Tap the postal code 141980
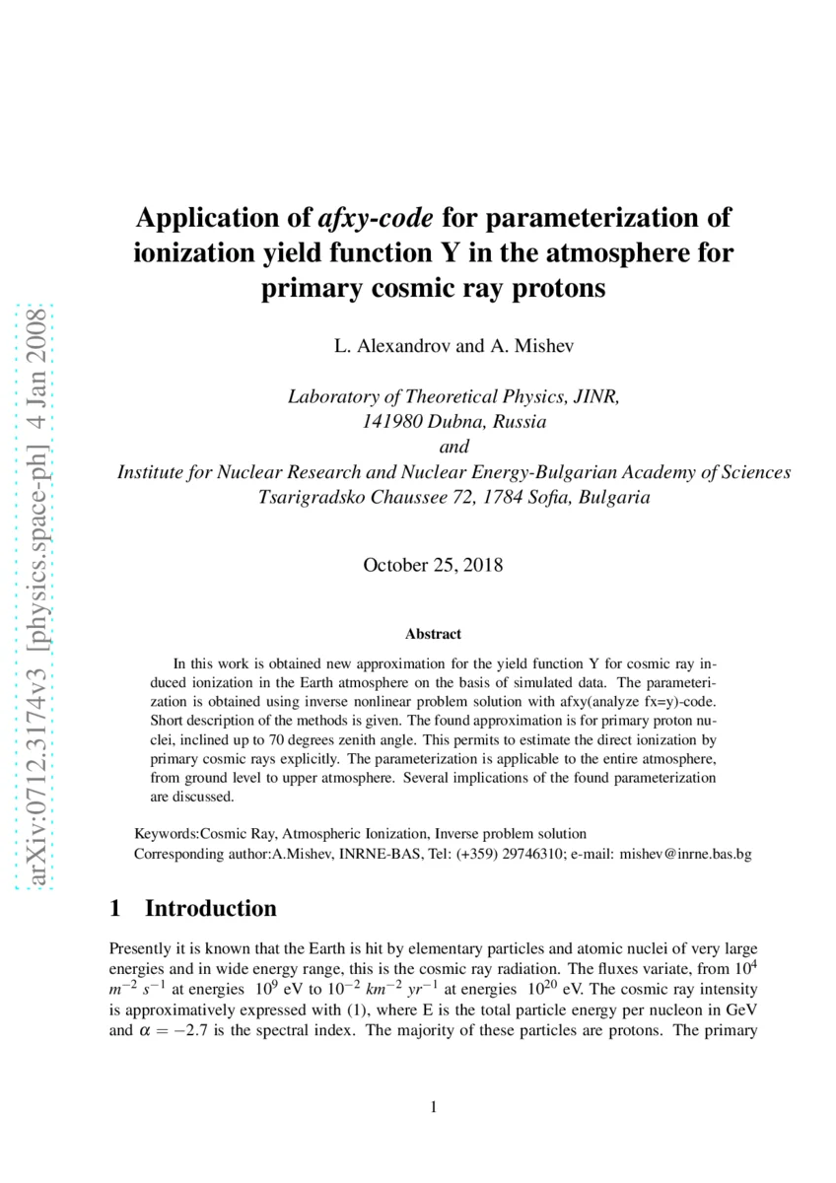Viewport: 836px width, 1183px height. click(x=387, y=422)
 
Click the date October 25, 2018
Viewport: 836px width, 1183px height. click(x=433, y=565)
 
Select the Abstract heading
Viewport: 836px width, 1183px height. click(x=433, y=634)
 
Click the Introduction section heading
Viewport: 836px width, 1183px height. click(x=210, y=908)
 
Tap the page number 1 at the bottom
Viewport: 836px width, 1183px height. click(x=433, y=1107)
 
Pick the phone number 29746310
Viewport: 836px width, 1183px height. click(x=532, y=855)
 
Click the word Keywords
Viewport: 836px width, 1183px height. click(x=165, y=833)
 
